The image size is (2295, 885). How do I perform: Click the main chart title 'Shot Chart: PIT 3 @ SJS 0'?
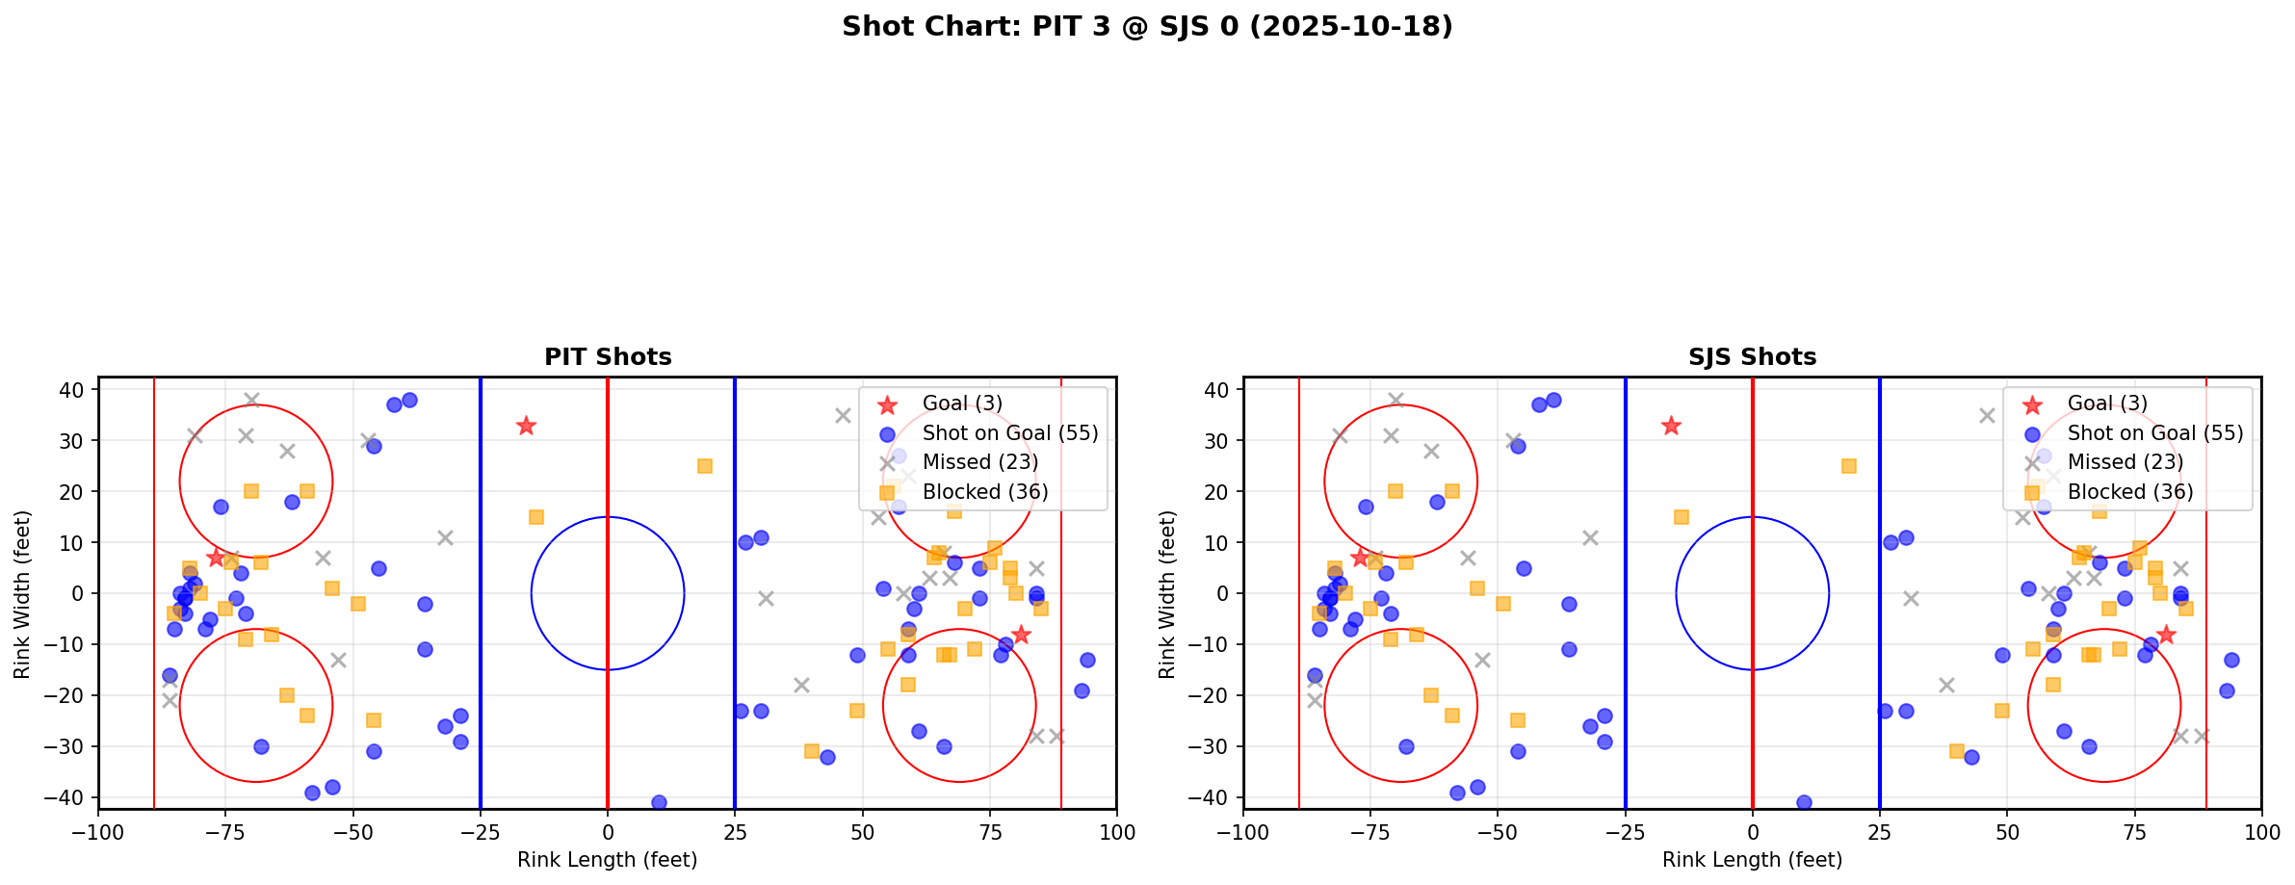tap(1147, 26)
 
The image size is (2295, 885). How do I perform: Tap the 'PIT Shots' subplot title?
tap(608, 357)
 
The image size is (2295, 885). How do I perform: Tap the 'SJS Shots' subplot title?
tap(1752, 357)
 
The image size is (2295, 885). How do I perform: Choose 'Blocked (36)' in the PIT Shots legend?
tap(984, 492)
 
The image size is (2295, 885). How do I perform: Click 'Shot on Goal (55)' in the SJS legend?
tap(2155, 433)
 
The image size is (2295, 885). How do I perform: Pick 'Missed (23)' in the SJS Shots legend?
tap(2125, 462)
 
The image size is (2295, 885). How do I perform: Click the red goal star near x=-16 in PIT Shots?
tap(526, 426)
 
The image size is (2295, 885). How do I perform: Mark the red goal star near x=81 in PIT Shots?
tap(1020, 635)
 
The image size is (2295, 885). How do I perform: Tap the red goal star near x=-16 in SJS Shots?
tap(1671, 426)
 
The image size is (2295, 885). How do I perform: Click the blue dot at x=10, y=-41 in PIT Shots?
tap(659, 802)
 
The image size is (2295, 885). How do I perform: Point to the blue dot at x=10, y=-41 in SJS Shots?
tap(1804, 802)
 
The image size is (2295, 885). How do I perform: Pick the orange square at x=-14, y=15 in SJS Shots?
tap(1682, 517)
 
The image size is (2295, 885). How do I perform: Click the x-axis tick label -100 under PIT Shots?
tap(98, 832)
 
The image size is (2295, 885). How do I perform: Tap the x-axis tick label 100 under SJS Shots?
tap(2261, 832)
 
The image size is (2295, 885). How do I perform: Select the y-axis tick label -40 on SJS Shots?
tap(1212, 797)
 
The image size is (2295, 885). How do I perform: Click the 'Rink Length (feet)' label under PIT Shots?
tap(608, 860)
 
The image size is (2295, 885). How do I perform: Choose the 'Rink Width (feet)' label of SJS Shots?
tap(1167, 594)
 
